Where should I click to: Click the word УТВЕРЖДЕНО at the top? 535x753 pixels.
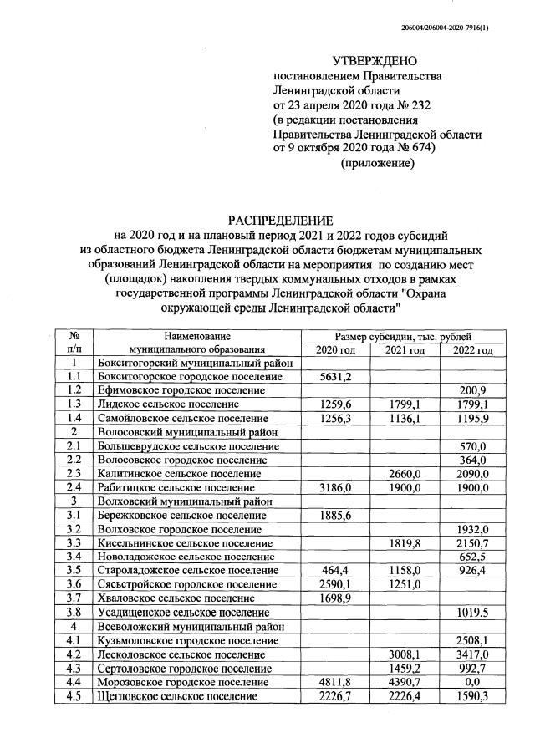coord(374,61)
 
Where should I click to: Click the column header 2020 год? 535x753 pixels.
coord(335,349)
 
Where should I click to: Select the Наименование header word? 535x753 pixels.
coord(196,335)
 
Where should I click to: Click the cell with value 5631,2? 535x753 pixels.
coord(335,377)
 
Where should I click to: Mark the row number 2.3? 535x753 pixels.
coord(74,473)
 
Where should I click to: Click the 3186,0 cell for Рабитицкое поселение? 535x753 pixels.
coord(335,487)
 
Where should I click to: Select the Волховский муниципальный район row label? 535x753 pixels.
coord(186,501)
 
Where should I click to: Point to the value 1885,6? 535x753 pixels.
coord(335,514)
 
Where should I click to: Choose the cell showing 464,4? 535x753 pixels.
coord(335,570)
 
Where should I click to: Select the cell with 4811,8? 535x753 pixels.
coord(335,681)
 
